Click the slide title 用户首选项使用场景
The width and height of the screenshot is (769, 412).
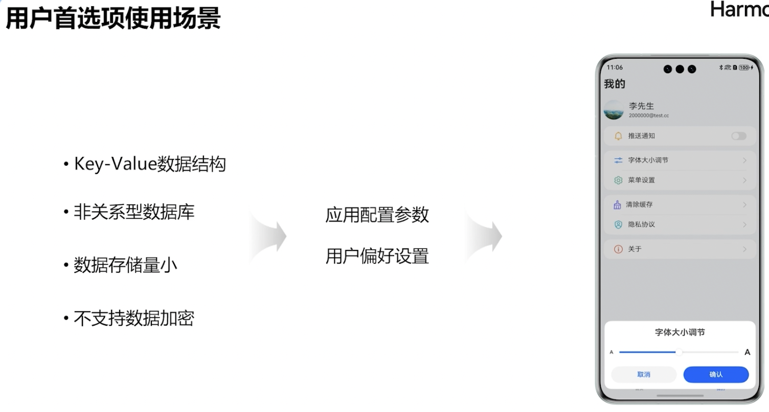click(113, 19)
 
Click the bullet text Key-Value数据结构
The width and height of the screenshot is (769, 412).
click(149, 164)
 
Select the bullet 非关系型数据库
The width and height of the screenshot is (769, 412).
click(134, 212)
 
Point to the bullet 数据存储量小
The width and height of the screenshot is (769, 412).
click(125, 265)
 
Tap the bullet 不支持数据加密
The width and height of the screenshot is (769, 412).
click(134, 318)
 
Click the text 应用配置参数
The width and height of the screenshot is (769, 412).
click(377, 215)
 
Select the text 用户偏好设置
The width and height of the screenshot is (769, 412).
click(377, 256)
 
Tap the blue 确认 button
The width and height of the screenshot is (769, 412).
click(716, 375)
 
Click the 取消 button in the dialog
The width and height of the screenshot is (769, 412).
click(644, 375)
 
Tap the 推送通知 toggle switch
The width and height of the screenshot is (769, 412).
click(738, 136)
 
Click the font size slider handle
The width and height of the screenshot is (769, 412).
click(678, 352)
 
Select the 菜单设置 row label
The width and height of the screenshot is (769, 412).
click(641, 180)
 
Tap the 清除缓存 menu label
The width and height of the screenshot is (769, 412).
click(639, 204)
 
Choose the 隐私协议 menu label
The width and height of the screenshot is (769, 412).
click(641, 224)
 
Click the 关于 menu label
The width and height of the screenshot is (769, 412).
click(635, 249)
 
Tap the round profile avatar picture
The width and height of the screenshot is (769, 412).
click(614, 110)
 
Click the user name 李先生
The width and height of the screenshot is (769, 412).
click(641, 106)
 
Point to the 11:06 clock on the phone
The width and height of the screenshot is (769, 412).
click(615, 67)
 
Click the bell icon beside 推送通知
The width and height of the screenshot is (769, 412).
click(618, 136)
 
